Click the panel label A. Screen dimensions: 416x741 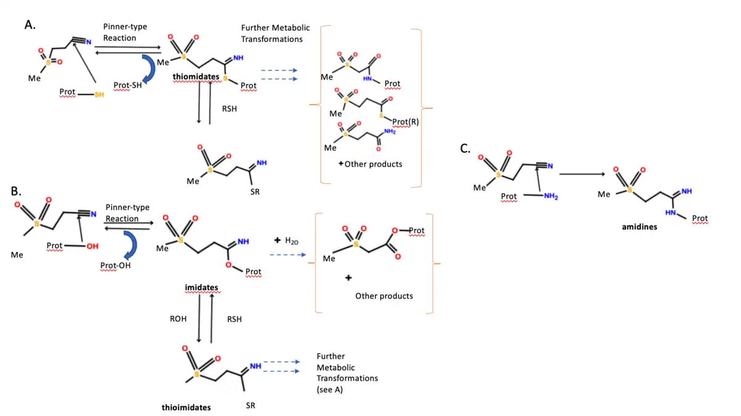(x=29, y=24)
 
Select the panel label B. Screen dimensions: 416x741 (x=16, y=191)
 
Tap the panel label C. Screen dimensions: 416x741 (x=466, y=149)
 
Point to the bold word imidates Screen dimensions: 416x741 (x=201, y=288)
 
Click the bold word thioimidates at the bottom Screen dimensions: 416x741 (x=186, y=407)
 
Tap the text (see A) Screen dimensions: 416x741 (x=330, y=389)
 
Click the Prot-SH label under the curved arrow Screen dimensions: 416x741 (x=128, y=85)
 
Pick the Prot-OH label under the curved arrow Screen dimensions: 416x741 (x=116, y=265)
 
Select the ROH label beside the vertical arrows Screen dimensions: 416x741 (x=178, y=319)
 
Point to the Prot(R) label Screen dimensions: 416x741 (x=405, y=122)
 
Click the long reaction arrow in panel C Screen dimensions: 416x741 (x=581, y=174)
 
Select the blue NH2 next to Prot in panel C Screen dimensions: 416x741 (x=551, y=196)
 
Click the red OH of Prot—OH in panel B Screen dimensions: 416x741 (x=92, y=246)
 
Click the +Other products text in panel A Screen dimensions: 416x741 (x=370, y=164)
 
